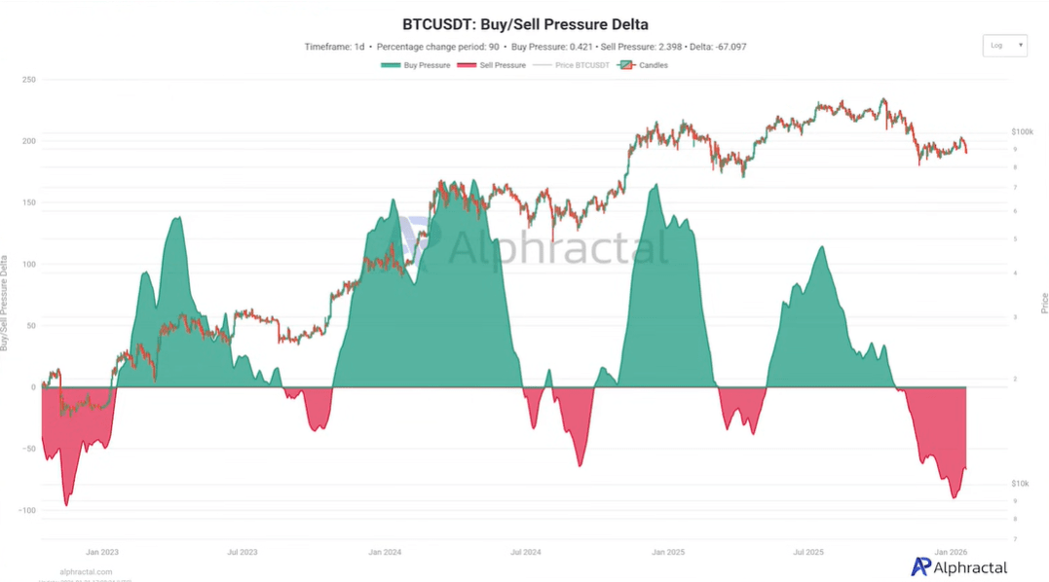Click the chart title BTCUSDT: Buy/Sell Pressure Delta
pyautogui.click(x=525, y=24)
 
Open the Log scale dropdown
pyautogui.click(x=1005, y=46)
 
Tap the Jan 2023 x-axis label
pyautogui.click(x=102, y=552)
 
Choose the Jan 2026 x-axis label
pyautogui.click(x=951, y=552)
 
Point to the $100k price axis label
pyautogui.click(x=1022, y=131)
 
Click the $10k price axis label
pyautogui.click(x=1021, y=484)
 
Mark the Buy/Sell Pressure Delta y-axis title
pyautogui.click(x=6, y=302)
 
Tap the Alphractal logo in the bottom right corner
pyautogui.click(x=958, y=566)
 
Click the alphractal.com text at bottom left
pyautogui.click(x=86, y=571)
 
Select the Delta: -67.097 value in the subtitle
pyautogui.click(x=716, y=47)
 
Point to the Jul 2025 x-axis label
pyautogui.click(x=808, y=552)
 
